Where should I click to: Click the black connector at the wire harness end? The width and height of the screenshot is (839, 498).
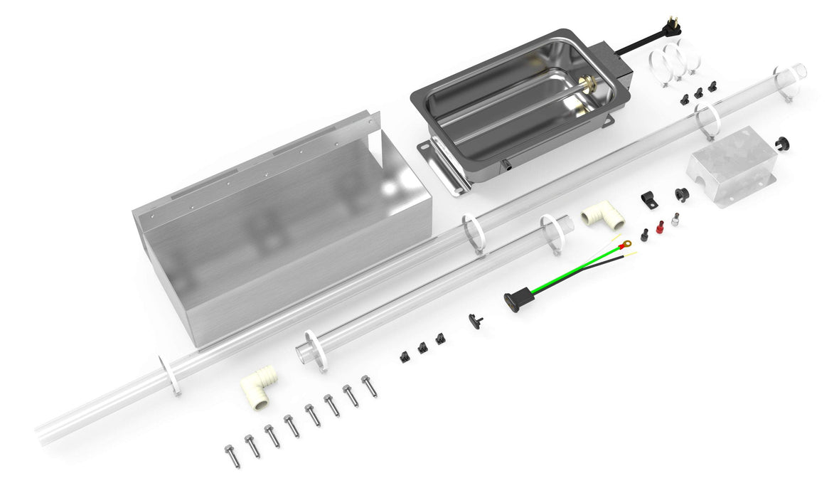coord(513,300)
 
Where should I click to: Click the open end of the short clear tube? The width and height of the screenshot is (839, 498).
coord(303,352)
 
